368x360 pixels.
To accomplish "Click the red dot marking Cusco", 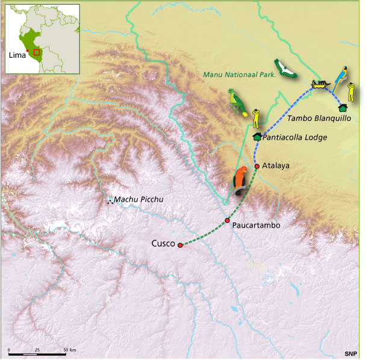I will tap(180, 245).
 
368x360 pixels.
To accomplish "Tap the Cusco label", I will tap(163, 244).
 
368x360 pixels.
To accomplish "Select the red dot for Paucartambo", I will tap(227, 220).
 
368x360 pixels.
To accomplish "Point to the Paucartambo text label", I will tap(256, 225).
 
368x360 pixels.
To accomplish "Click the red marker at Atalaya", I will tap(257, 166).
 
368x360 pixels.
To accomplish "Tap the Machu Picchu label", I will tap(139, 200).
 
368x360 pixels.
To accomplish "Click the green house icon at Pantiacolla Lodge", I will tap(257, 137).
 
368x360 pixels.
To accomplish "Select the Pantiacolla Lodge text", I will tap(295, 138).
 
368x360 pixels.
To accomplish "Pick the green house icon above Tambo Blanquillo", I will tap(343, 108).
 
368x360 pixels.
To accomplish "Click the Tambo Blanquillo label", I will tap(319, 118).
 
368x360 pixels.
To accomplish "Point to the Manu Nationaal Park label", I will tap(239, 75).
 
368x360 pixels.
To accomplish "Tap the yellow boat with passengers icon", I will tap(319, 84).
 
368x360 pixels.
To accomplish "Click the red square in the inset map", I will tap(37, 52).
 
